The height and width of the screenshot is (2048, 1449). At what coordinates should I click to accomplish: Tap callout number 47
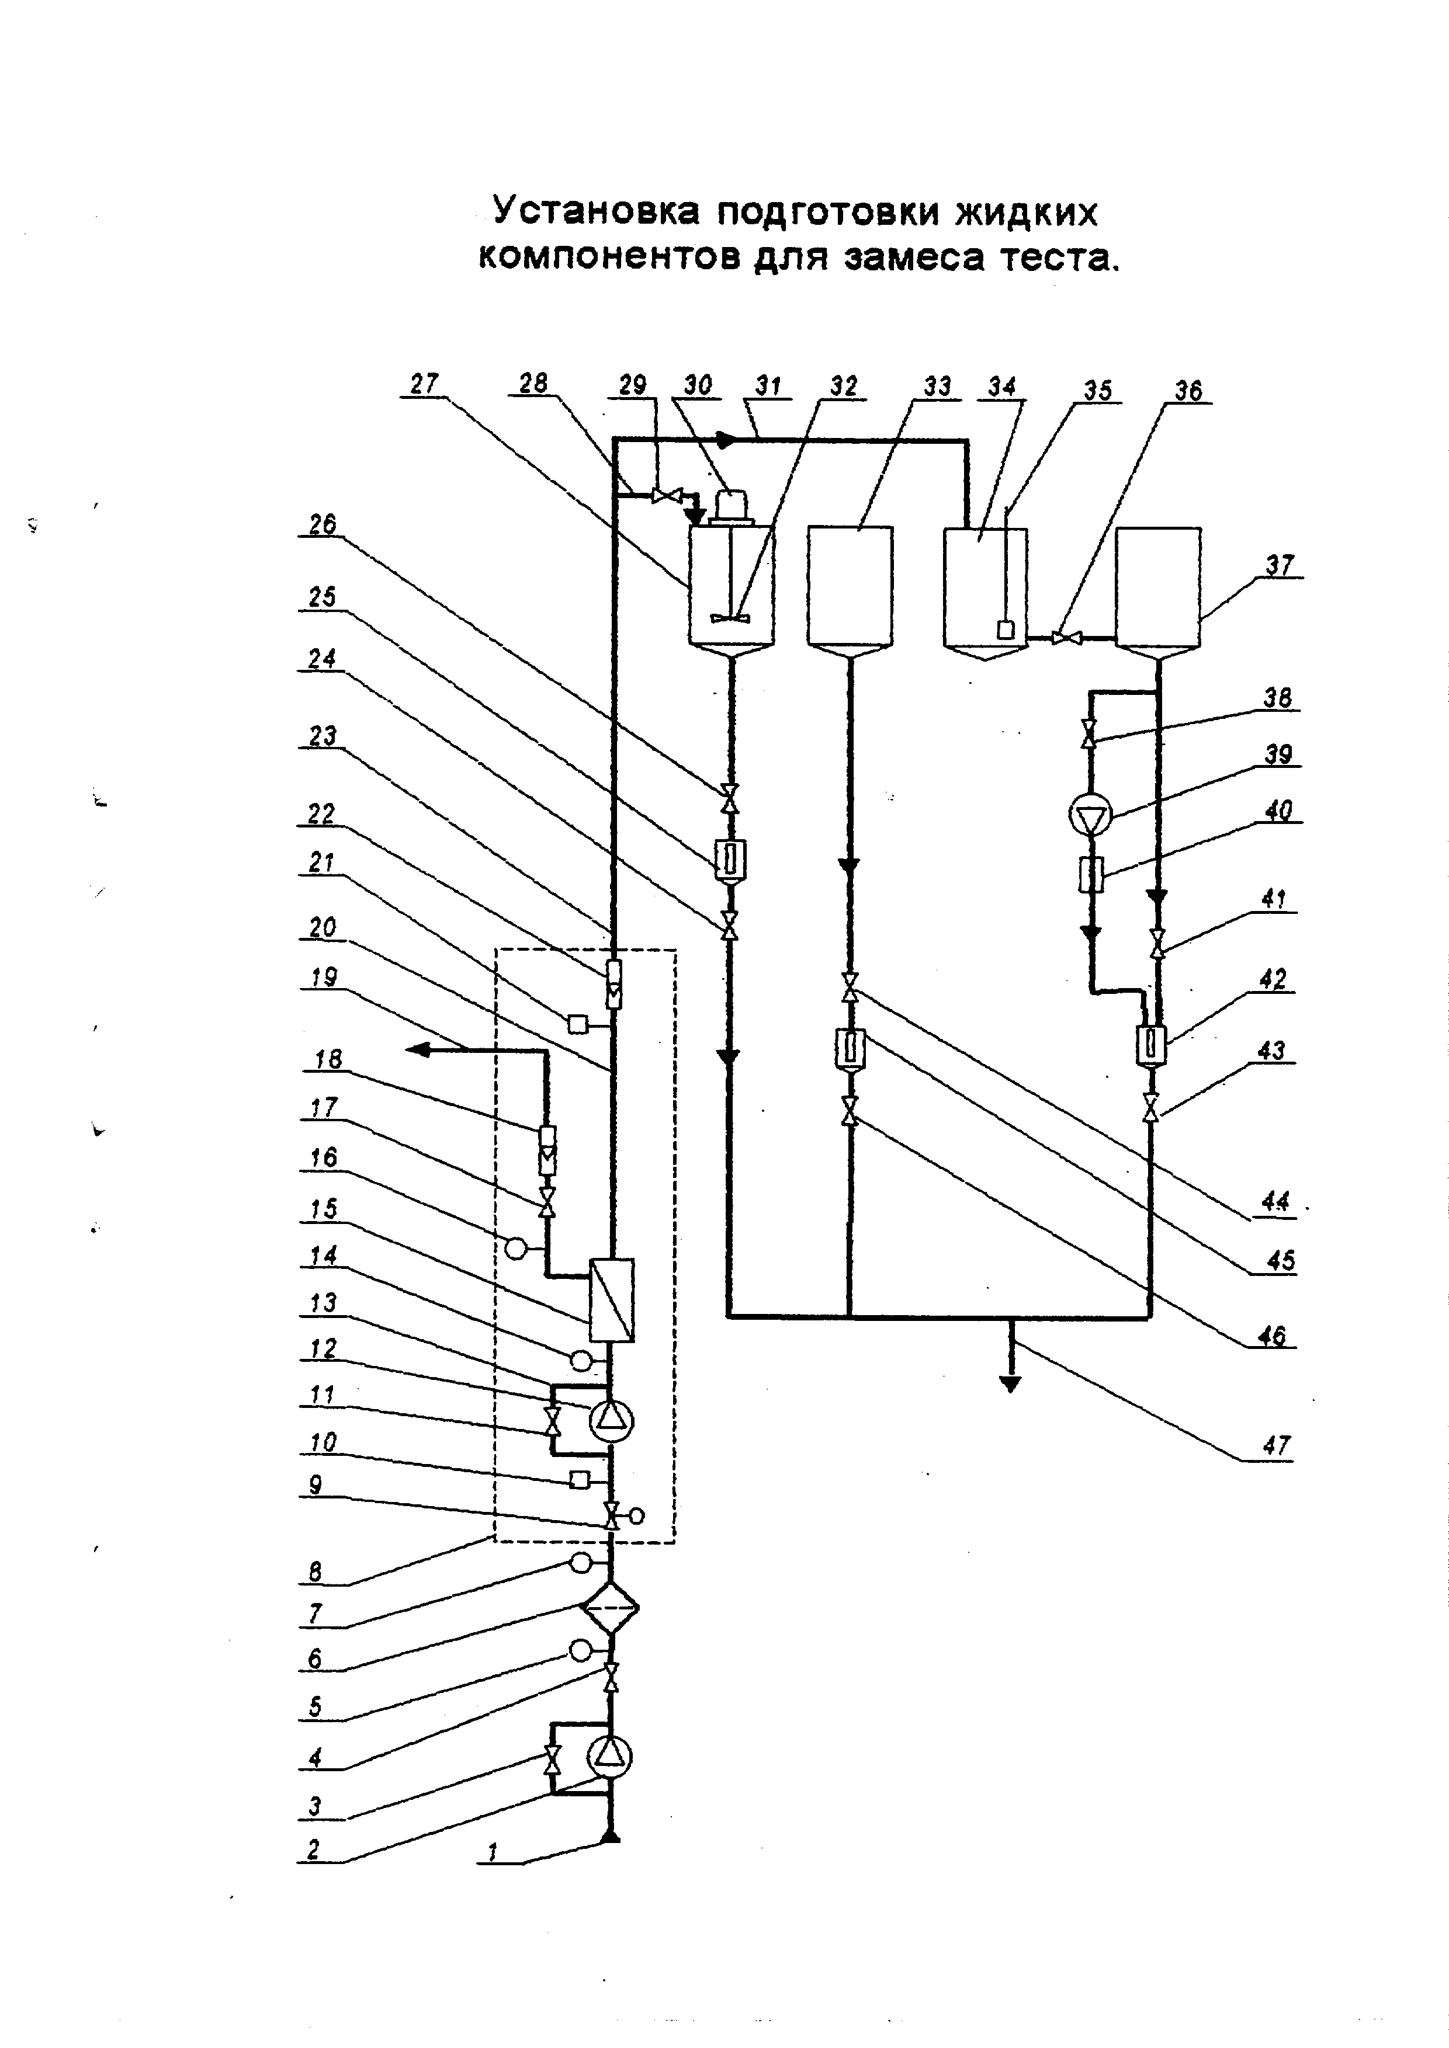pos(1277,1445)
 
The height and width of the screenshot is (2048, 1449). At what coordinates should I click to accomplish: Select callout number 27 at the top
pos(425,384)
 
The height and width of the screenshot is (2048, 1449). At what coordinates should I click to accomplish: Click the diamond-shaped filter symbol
pos(611,1607)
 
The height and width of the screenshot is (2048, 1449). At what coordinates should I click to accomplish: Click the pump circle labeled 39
pos(1090,815)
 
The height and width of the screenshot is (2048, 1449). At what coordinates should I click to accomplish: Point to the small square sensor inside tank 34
pos(1006,629)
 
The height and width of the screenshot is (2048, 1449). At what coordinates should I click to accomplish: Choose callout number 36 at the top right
pos(1188,391)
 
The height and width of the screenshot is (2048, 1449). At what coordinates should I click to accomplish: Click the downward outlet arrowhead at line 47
pos(1010,1385)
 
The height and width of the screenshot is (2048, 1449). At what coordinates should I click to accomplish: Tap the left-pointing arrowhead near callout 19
pos(418,1051)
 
